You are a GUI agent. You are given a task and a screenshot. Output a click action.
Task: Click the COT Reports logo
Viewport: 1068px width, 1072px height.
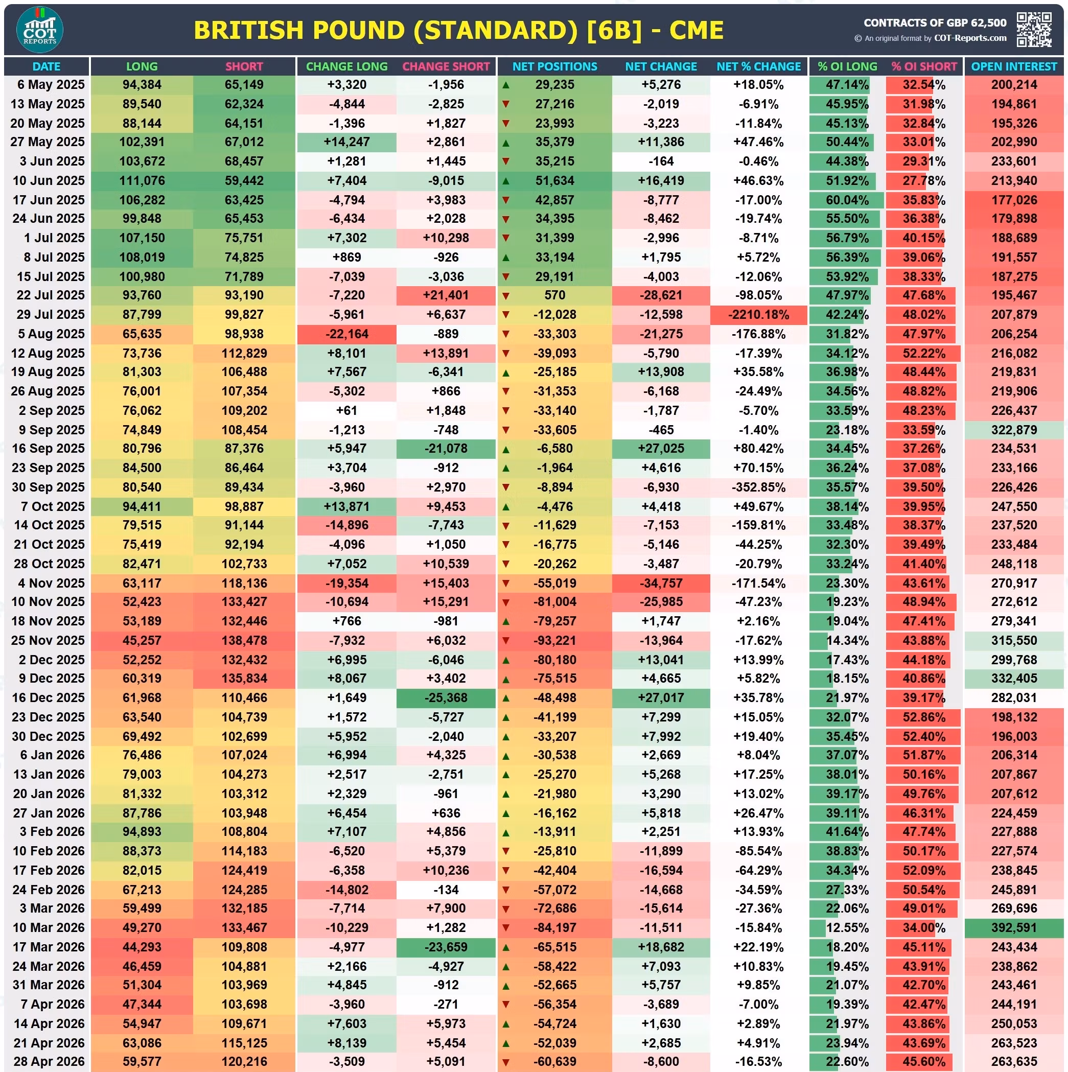[40, 30]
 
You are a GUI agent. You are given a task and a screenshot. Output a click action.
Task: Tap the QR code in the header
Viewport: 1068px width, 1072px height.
[1034, 30]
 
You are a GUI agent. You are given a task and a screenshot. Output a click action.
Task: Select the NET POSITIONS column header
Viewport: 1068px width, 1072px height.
[554, 66]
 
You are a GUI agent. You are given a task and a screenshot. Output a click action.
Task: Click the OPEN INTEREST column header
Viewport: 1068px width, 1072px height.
[1014, 66]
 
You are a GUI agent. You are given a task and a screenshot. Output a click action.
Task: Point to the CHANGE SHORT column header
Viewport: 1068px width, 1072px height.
[446, 66]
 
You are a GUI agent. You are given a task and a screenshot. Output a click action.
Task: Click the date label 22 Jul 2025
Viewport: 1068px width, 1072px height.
[51, 295]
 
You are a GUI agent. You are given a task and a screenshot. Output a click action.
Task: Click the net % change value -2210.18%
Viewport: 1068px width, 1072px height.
[758, 315]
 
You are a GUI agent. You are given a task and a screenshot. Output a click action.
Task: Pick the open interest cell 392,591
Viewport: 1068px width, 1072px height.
[1014, 928]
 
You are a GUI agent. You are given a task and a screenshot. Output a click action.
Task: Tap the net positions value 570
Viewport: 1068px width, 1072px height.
[555, 295]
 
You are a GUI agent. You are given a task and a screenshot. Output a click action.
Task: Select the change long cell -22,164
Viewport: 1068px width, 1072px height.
[347, 334]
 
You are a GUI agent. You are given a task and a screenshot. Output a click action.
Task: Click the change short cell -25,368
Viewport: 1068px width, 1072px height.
[446, 698]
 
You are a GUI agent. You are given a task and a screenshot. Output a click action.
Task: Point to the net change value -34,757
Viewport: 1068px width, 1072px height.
[661, 583]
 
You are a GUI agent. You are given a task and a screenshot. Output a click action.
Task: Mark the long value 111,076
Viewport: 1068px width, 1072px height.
[142, 181]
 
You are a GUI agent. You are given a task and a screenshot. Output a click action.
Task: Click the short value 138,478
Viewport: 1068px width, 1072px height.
[244, 641]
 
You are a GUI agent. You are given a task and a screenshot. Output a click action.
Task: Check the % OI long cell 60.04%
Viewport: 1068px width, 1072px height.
[847, 200]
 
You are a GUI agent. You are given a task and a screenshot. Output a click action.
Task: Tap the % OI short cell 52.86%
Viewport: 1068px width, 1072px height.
[923, 717]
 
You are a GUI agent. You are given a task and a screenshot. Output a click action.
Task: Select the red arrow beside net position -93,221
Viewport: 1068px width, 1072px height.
[505, 641]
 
